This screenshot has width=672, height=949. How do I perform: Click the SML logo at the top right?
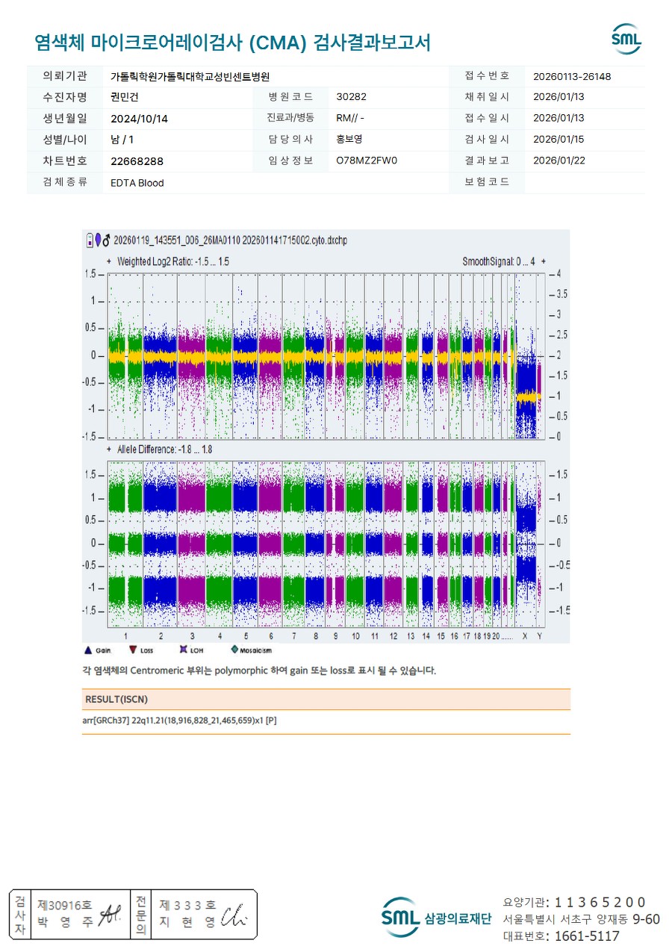[x=626, y=39]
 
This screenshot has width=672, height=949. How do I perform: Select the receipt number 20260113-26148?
[x=572, y=76]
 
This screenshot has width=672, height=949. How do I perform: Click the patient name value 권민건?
[x=125, y=97]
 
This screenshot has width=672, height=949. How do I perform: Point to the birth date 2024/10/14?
[x=139, y=118]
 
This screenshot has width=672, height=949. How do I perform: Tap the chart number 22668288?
[x=137, y=161]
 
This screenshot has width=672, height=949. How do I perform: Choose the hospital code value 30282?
[x=351, y=97]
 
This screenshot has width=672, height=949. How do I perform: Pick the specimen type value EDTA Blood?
[x=137, y=183]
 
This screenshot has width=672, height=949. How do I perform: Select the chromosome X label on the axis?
[x=525, y=636]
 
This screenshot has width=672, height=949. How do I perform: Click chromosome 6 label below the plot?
[x=270, y=636]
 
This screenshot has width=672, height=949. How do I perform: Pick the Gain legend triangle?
[x=88, y=650]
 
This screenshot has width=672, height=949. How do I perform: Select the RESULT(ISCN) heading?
[x=116, y=700]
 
